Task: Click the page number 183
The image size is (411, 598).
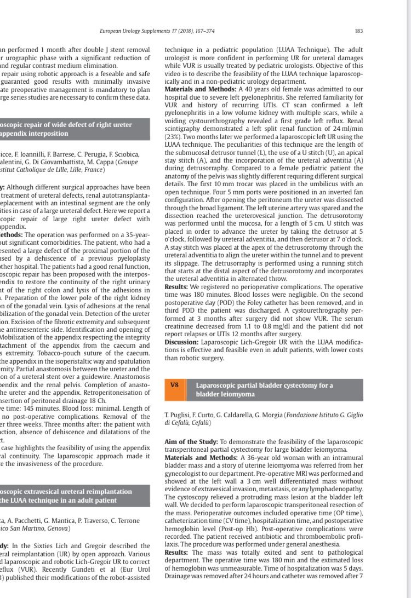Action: [x=358, y=31]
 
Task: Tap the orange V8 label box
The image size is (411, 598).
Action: [x=174, y=385]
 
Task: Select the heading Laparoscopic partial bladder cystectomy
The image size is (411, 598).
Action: [x=264, y=385]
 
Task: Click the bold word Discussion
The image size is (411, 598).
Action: [x=182, y=342]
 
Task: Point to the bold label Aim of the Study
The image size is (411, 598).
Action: [x=190, y=441]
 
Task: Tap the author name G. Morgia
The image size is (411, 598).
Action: [x=270, y=415]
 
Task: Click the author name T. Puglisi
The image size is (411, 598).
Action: [x=178, y=415]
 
